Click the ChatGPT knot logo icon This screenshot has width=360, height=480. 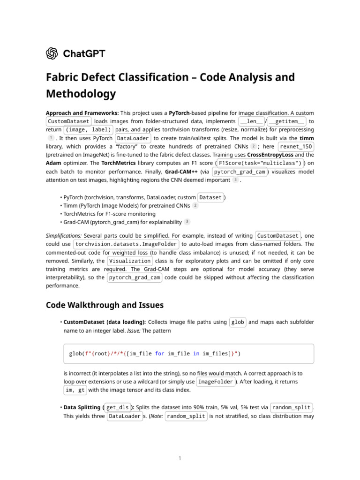pyautogui.click(x=52, y=53)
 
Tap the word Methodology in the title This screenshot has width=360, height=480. pyautogui.click(x=81, y=94)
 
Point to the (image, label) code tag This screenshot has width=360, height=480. pyautogui.click(x=88, y=130)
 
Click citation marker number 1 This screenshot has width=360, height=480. pyautogui.click(x=51, y=138)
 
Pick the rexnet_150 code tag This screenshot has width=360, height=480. pyautogui.click(x=296, y=147)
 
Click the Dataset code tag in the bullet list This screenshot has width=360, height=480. pyautogui.click(x=210, y=197)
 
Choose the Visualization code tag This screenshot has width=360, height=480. pyautogui.click(x=130, y=261)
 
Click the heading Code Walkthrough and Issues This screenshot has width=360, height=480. pyautogui.click(x=105, y=305)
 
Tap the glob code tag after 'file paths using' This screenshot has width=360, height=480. pyautogui.click(x=238, y=322)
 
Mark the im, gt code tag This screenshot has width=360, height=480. pyautogui.click(x=75, y=390)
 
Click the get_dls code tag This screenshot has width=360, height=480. pyautogui.click(x=118, y=408)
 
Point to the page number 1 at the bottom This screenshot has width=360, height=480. pyautogui.click(x=180, y=458)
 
